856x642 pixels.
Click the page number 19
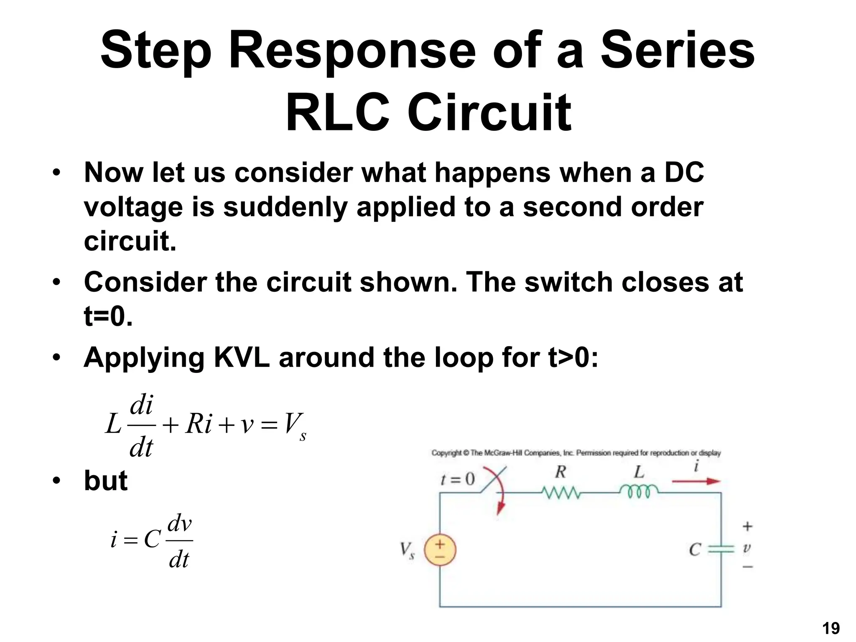point(831,628)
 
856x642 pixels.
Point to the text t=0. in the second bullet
point(108,316)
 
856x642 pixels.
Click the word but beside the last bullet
point(105,481)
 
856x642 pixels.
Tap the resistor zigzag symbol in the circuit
point(560,492)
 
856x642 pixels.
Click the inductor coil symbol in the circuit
point(638,491)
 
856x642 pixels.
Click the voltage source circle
point(440,550)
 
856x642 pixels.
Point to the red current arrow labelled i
point(696,481)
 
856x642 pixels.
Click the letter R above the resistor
point(560,472)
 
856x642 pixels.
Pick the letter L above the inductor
point(639,472)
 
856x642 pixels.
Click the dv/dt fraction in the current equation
point(179,541)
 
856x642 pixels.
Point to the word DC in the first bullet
point(684,172)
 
